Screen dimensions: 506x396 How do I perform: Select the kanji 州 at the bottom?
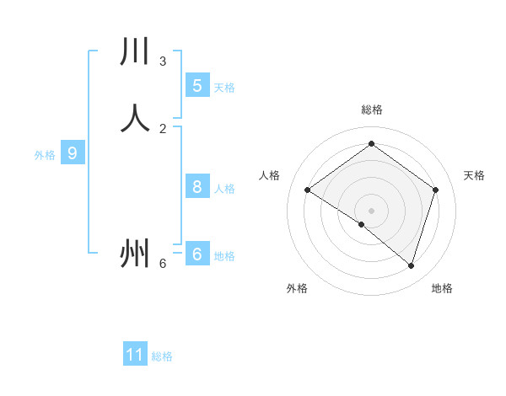(x=135, y=253)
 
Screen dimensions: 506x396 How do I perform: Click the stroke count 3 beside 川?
(x=163, y=62)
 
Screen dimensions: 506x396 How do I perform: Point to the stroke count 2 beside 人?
(x=163, y=128)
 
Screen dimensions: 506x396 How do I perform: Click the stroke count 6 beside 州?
(x=163, y=264)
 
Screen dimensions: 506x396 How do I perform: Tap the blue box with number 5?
(x=196, y=85)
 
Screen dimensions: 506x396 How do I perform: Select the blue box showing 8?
(x=196, y=187)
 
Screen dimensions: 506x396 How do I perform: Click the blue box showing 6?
(x=196, y=254)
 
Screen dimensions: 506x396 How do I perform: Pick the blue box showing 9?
(x=73, y=153)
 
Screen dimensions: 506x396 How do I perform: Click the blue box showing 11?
(x=135, y=355)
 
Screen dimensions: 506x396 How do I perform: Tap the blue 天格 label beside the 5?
(x=224, y=87)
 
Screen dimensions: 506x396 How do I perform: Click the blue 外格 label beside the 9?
(x=45, y=155)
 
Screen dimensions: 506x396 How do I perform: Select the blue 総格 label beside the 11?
(x=162, y=356)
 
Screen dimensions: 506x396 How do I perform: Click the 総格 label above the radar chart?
(x=372, y=110)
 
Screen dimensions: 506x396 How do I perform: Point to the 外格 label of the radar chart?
(x=297, y=288)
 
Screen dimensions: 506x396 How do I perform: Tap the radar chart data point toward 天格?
(x=435, y=190)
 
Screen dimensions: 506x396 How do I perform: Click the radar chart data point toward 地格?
(x=411, y=265)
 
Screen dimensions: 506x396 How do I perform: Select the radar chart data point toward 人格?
(x=308, y=190)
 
